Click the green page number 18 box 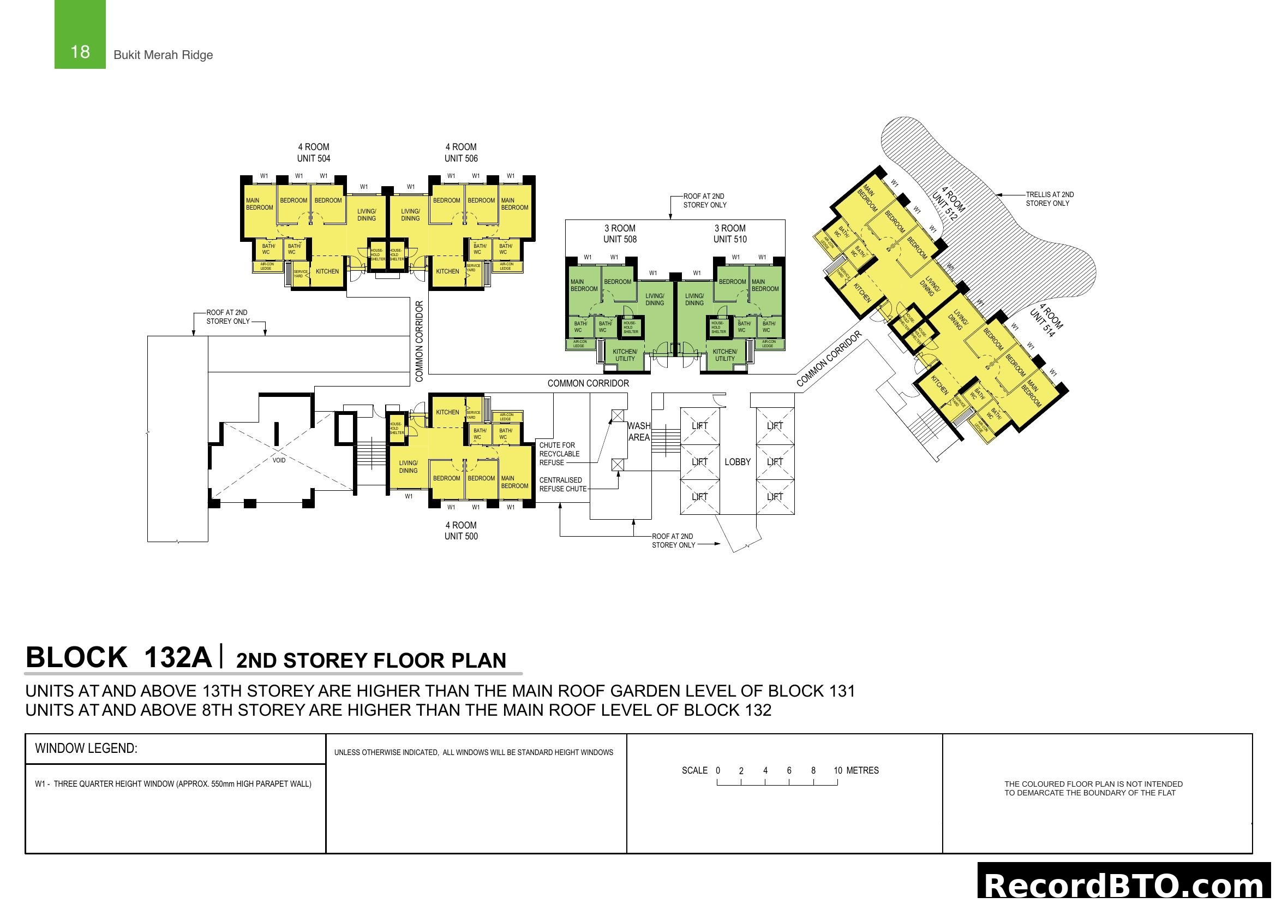[x=80, y=34]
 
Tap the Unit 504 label [x=314, y=153]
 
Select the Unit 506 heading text [x=461, y=153]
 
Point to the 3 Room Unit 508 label [x=620, y=234]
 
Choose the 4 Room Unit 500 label [x=461, y=531]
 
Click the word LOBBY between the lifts [x=738, y=462]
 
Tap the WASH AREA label [x=639, y=431]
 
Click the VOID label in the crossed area [x=279, y=460]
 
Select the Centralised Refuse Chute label [x=562, y=484]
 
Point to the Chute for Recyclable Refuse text [x=559, y=454]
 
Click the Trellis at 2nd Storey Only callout [x=1049, y=199]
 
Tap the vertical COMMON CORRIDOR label [x=420, y=341]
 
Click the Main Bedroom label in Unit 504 [x=260, y=204]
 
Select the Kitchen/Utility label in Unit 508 [x=625, y=355]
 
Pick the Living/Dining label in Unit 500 [x=408, y=466]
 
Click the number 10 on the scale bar [x=837, y=771]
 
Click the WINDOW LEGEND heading [x=86, y=748]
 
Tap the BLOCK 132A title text [x=118, y=657]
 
